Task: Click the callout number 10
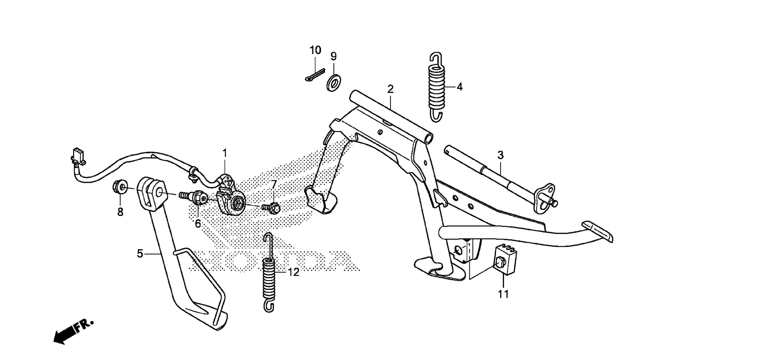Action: [x=315, y=50]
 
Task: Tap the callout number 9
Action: [x=333, y=56]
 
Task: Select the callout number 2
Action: [x=390, y=89]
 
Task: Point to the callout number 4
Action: [x=460, y=87]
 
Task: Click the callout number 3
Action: [x=500, y=155]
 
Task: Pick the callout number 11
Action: [x=503, y=294]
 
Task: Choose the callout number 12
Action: [x=293, y=272]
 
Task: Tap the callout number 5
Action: [x=140, y=253]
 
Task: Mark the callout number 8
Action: [x=120, y=212]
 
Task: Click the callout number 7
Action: [x=274, y=184]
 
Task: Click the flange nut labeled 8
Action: [x=120, y=187]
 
